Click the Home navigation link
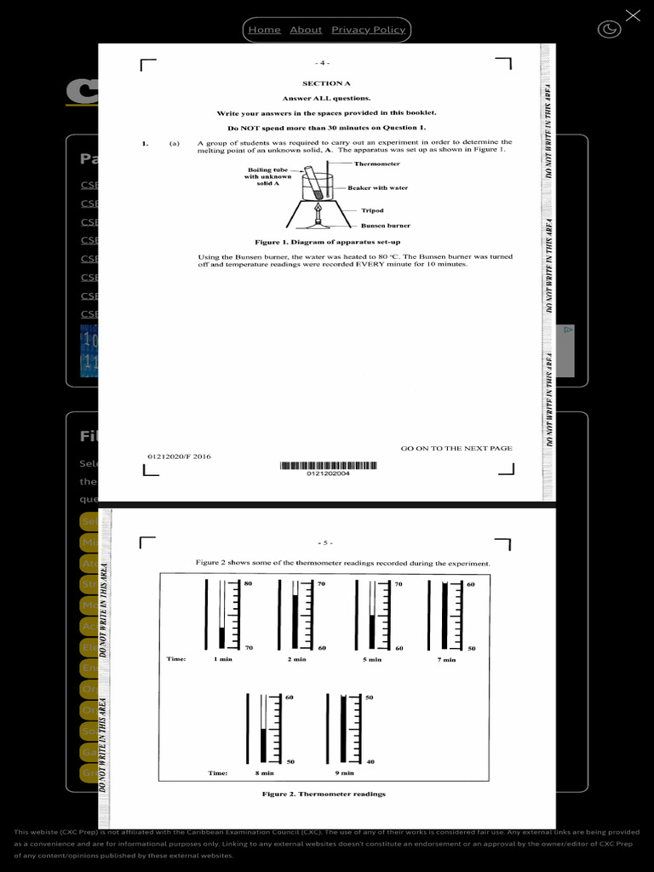[264, 30]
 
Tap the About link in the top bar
[306, 30]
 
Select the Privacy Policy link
[368, 30]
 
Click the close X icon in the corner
[633, 15]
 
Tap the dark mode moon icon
[610, 30]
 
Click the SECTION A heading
[326, 83]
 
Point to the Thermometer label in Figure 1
[376, 163]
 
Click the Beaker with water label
[377, 187]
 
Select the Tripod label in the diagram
[372, 210]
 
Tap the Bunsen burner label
[385, 226]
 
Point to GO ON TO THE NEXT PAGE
[456, 448]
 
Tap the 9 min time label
[344, 773]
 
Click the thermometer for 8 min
[264, 728]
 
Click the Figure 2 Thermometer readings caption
[324, 794]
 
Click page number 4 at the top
[323, 63]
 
